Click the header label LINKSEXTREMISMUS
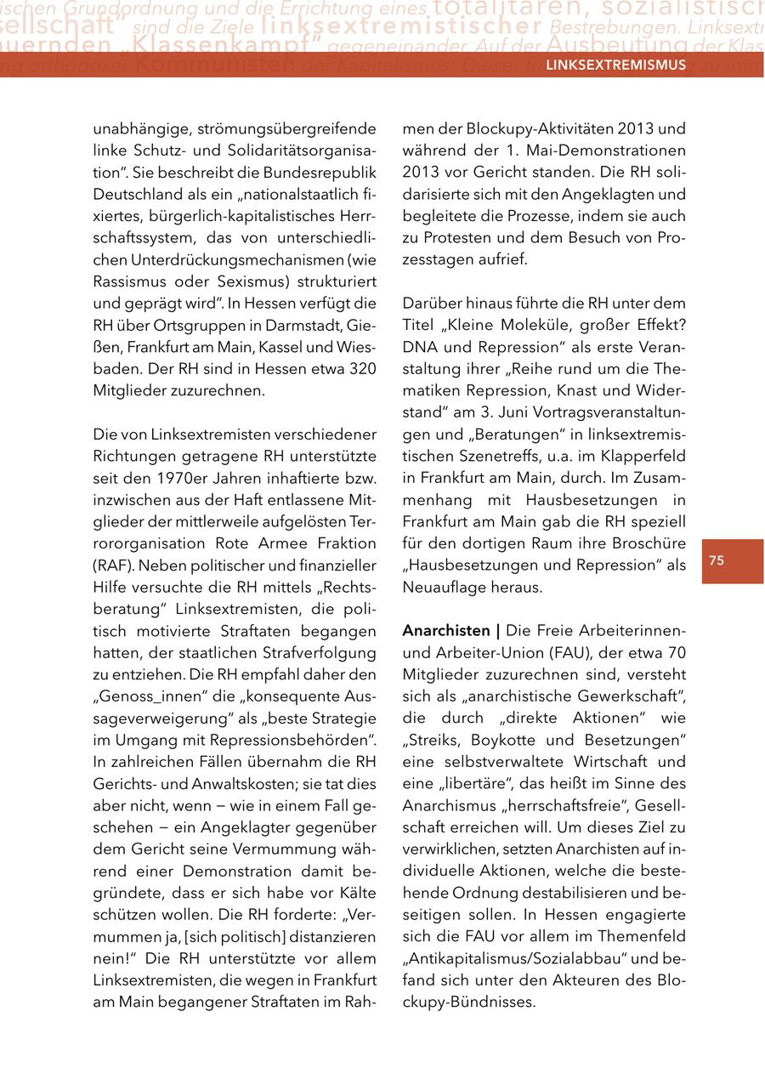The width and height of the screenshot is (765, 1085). click(615, 64)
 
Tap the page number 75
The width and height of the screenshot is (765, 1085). click(717, 560)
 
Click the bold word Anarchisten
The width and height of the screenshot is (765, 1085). click(445, 631)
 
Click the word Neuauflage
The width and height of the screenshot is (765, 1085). click(445, 587)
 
